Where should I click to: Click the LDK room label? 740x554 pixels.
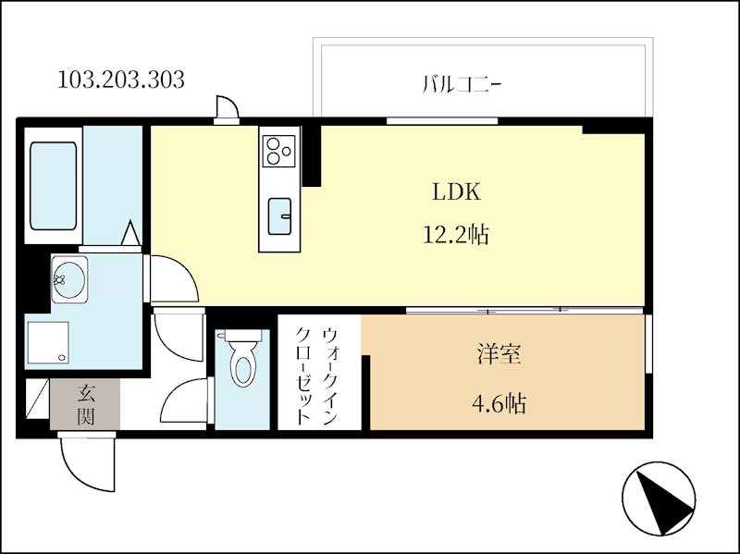(456, 192)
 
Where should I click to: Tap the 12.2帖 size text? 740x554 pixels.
(456, 236)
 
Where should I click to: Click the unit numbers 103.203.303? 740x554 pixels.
(121, 80)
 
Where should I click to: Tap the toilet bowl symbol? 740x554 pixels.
(242, 361)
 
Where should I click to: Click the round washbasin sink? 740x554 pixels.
(66, 277)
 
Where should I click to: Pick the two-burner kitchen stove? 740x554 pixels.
(278, 149)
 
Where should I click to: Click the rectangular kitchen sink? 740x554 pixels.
(279, 215)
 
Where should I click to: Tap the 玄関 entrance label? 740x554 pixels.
(85, 405)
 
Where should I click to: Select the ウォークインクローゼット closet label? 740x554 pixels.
(317, 375)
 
